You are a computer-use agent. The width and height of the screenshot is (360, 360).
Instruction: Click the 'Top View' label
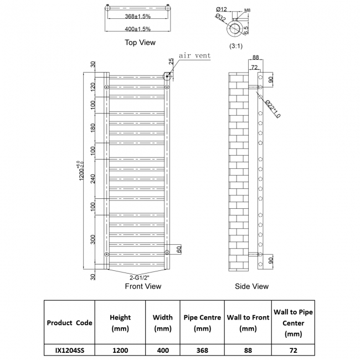tap(140, 42)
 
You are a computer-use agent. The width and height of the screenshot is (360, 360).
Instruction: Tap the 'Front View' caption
tap(143, 286)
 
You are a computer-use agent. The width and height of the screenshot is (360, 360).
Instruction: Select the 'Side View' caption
tap(252, 286)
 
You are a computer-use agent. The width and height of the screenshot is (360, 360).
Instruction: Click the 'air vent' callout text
tap(194, 56)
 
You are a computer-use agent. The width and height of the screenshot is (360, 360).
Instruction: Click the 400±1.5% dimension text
tap(136, 29)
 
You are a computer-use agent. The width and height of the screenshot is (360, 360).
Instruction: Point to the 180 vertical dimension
tap(94, 128)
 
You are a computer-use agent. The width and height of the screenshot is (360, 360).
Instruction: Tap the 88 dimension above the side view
tap(255, 58)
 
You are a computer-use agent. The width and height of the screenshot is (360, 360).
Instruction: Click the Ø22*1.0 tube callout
tap(272, 109)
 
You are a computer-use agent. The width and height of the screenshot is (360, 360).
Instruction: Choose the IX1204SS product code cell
tap(69, 350)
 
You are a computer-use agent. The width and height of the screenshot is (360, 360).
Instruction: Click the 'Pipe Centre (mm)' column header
tap(202, 323)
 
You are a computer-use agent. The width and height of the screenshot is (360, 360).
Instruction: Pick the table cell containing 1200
tap(120, 350)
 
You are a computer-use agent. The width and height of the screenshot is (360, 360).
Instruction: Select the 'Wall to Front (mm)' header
tap(248, 323)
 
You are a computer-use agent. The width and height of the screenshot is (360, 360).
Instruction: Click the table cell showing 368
tap(202, 350)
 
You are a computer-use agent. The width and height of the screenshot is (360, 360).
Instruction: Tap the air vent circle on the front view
tap(167, 76)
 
